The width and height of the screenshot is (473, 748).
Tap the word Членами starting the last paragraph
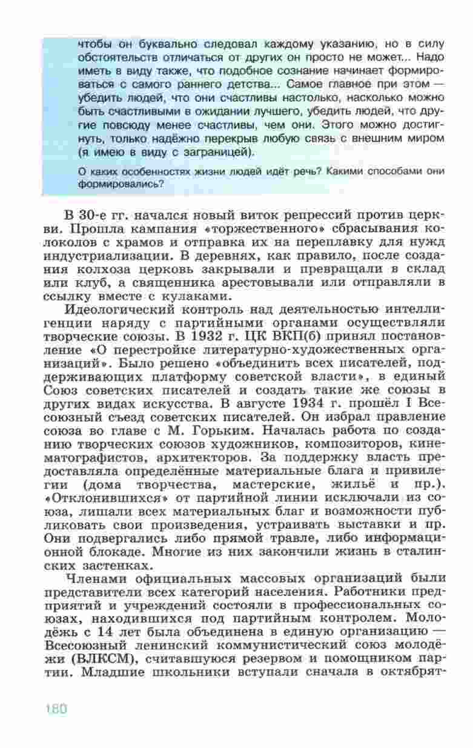[99, 578]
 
